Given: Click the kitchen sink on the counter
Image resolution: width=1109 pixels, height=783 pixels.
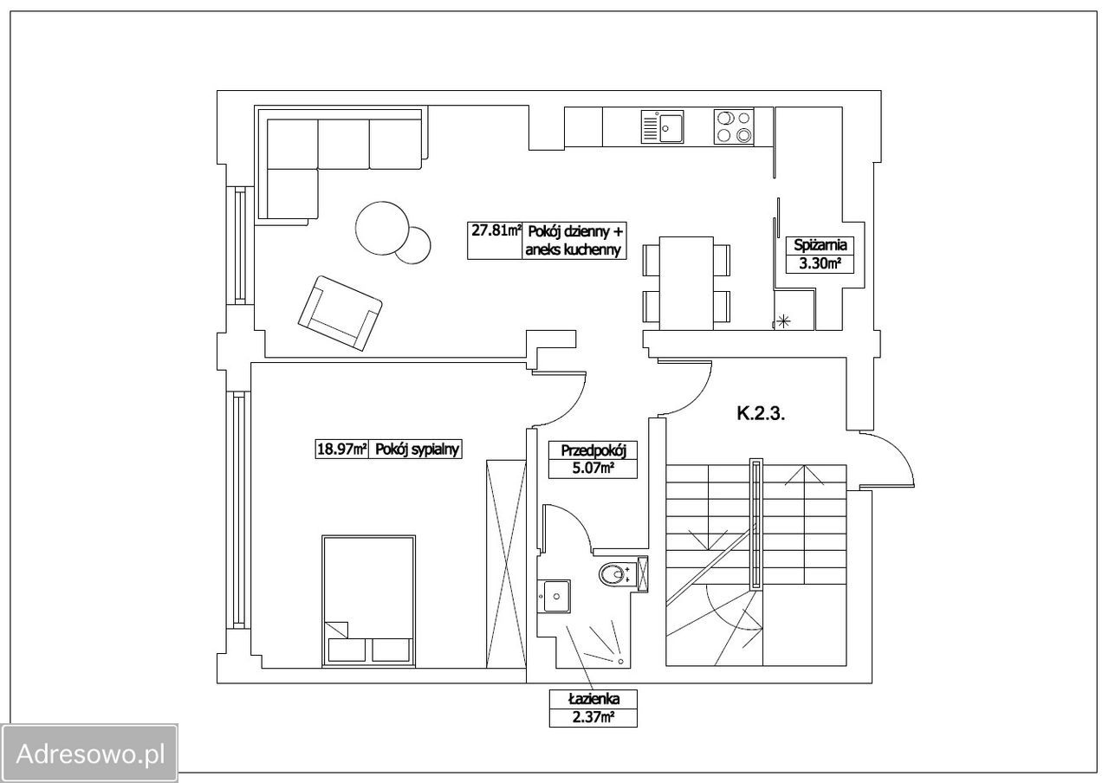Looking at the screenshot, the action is (662, 127).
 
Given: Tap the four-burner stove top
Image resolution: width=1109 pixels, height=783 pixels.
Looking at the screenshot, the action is (734, 127).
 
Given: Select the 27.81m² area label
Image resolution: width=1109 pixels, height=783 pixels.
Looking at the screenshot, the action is (496, 231).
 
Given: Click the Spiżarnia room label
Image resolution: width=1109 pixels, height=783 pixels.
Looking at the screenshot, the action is (820, 245).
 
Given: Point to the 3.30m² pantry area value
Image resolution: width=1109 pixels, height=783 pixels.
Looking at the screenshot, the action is (820, 264).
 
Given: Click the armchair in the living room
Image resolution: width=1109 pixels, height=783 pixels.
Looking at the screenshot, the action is (340, 314).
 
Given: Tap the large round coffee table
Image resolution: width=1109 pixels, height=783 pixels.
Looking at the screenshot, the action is (382, 228).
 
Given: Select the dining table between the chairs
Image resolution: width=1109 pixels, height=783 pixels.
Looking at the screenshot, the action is (686, 283).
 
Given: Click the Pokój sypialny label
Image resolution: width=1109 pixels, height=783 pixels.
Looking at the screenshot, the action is (418, 450).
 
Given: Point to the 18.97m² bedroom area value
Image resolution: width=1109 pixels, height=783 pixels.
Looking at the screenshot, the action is (341, 450).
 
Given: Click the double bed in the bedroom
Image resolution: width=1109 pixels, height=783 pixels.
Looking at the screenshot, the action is (368, 601).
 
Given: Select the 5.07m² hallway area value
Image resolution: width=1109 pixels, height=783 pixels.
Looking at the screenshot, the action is (593, 468).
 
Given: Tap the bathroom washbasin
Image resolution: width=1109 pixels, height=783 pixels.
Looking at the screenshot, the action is (556, 597).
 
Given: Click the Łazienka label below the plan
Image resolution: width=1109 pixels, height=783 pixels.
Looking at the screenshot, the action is (593, 699).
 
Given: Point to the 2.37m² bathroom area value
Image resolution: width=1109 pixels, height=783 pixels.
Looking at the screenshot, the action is (593, 717).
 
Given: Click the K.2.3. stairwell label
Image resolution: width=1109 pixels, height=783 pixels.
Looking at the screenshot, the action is (761, 414).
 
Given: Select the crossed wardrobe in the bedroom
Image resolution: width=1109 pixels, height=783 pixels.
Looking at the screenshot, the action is (505, 564).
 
